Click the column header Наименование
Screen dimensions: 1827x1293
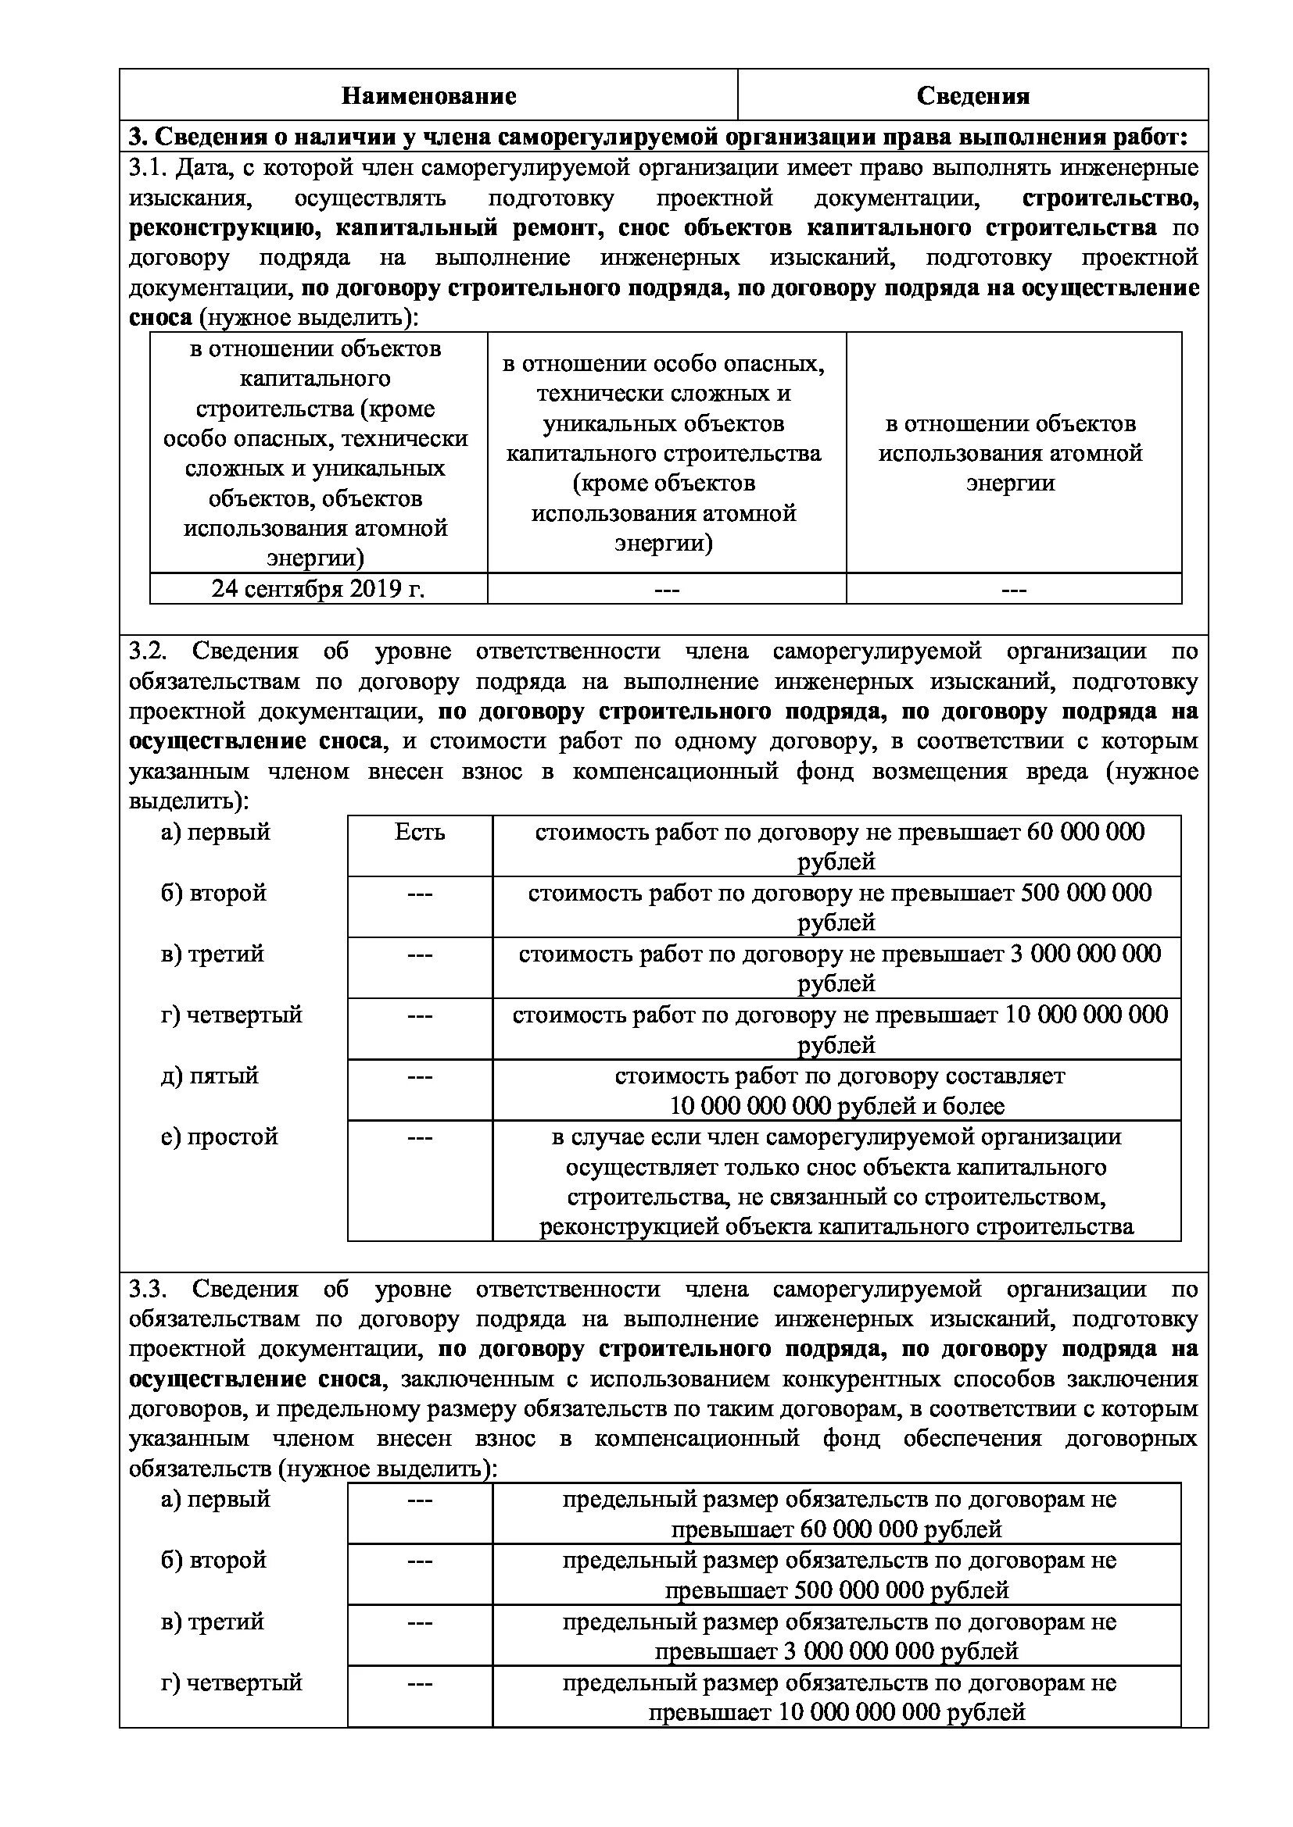(x=428, y=96)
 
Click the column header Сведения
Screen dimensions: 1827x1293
(x=972, y=96)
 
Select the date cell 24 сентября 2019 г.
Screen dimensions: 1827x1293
(x=317, y=589)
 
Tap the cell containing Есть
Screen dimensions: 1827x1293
(x=420, y=833)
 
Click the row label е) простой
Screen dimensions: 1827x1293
(x=219, y=1137)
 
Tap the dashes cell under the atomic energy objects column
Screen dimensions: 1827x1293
(x=1012, y=590)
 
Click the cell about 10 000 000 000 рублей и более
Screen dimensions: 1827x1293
(x=836, y=1090)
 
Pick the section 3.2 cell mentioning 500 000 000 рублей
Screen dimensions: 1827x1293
(x=836, y=907)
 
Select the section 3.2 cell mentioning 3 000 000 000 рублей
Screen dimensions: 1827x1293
(x=836, y=968)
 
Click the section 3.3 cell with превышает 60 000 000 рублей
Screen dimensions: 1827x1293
(x=836, y=1515)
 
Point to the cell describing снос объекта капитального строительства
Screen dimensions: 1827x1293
(x=836, y=1182)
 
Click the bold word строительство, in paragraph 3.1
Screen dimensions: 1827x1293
(x=1110, y=198)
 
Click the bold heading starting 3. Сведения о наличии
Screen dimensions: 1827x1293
(x=657, y=137)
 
